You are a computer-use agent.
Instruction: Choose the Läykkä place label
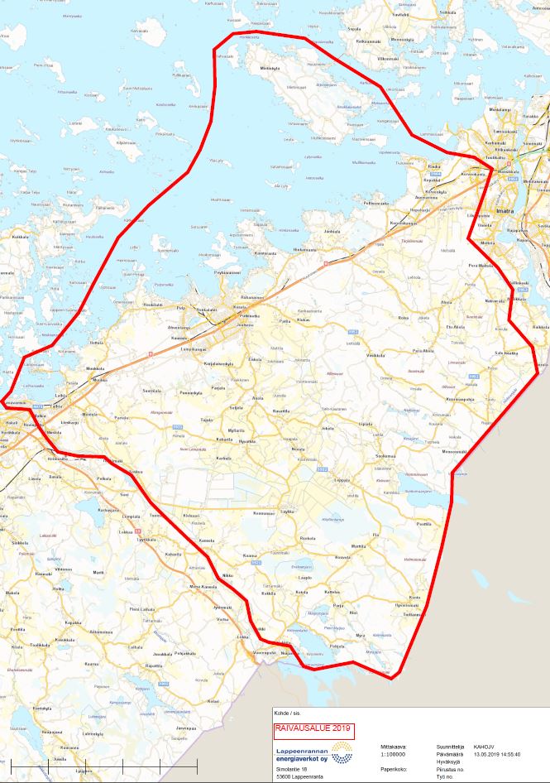point(287,513)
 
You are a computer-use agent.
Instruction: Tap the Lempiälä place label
point(132,516)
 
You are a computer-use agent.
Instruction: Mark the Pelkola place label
point(104,478)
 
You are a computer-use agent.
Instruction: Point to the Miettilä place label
point(270,68)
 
